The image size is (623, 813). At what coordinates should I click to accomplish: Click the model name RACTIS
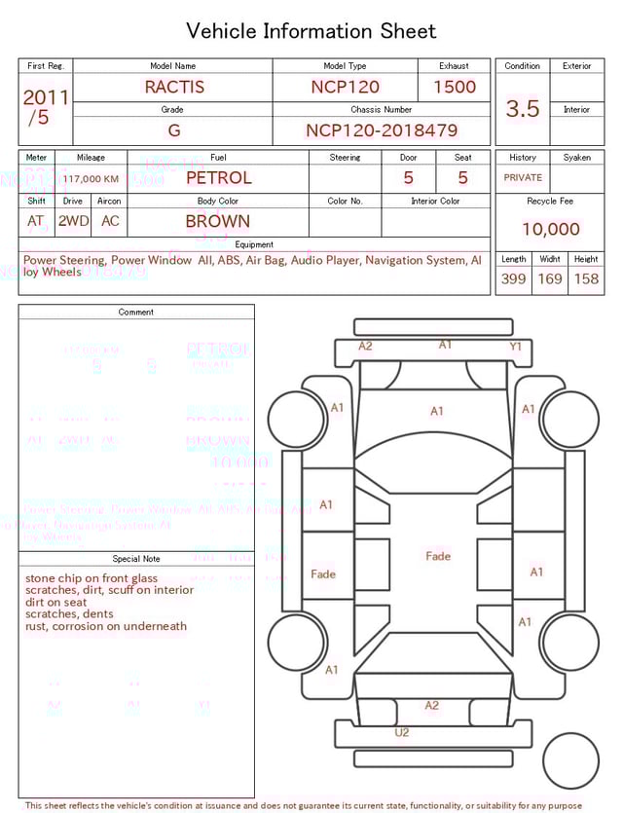[x=174, y=87]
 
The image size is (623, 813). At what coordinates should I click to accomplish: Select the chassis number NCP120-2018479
[x=382, y=130]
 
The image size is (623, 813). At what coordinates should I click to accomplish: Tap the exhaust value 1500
[x=455, y=87]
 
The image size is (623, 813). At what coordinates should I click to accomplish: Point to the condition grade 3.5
[x=523, y=109]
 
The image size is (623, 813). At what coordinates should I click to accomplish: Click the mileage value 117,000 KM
[x=92, y=179]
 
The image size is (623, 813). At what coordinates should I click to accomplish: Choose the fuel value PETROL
[x=218, y=177]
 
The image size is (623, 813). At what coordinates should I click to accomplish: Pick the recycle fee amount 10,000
[x=550, y=230]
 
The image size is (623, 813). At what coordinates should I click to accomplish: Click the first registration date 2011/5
[x=45, y=107]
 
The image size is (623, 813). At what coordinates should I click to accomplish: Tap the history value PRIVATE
[x=523, y=177]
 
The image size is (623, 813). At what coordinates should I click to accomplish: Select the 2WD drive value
[x=73, y=221]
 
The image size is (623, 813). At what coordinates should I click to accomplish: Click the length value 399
[x=513, y=279]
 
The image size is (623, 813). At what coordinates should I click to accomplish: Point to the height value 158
[x=586, y=279]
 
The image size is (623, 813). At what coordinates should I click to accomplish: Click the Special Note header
[x=136, y=559]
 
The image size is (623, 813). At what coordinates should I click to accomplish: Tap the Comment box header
[x=136, y=313]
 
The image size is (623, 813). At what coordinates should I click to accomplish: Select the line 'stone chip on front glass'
[x=91, y=578]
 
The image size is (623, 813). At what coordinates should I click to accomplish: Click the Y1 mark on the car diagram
[x=516, y=347]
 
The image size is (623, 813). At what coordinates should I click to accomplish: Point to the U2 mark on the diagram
[x=401, y=733]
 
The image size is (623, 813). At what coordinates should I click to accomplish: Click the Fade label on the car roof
[x=438, y=556]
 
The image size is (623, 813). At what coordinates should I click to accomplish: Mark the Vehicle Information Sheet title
[x=311, y=31]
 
